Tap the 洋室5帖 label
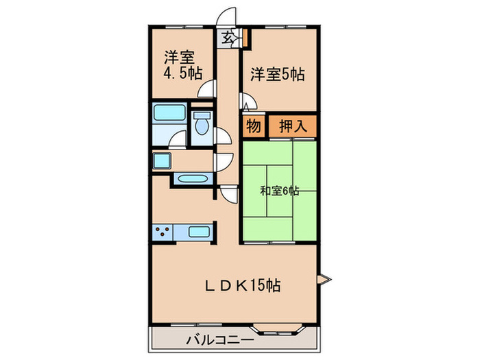pyautogui.click(x=276, y=74)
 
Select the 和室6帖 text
pyautogui.click(x=279, y=191)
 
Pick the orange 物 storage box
pyautogui.click(x=252, y=125)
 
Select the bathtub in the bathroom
pyautogui.click(x=168, y=115)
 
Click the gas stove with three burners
pyautogui.click(x=163, y=231)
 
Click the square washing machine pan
pyautogui.click(x=162, y=162)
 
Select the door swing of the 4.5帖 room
pyautogui.click(x=206, y=89)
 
